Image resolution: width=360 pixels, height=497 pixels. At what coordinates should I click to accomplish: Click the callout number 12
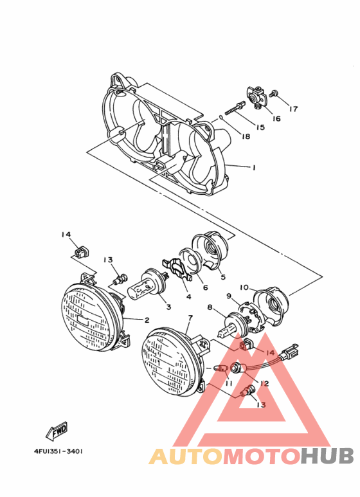(264, 384)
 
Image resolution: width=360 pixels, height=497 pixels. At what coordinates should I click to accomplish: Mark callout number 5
(222, 278)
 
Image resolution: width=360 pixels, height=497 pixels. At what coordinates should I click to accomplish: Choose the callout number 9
(228, 296)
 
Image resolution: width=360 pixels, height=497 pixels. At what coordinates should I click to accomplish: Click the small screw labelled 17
(274, 95)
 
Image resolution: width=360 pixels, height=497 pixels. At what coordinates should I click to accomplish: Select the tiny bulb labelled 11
(221, 368)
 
